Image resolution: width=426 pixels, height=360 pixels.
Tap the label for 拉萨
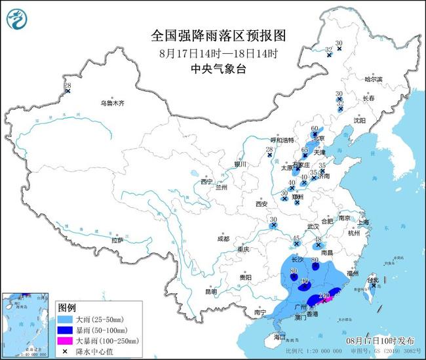[x=117, y=240]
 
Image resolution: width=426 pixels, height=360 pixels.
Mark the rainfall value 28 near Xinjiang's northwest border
[x=68, y=86]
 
